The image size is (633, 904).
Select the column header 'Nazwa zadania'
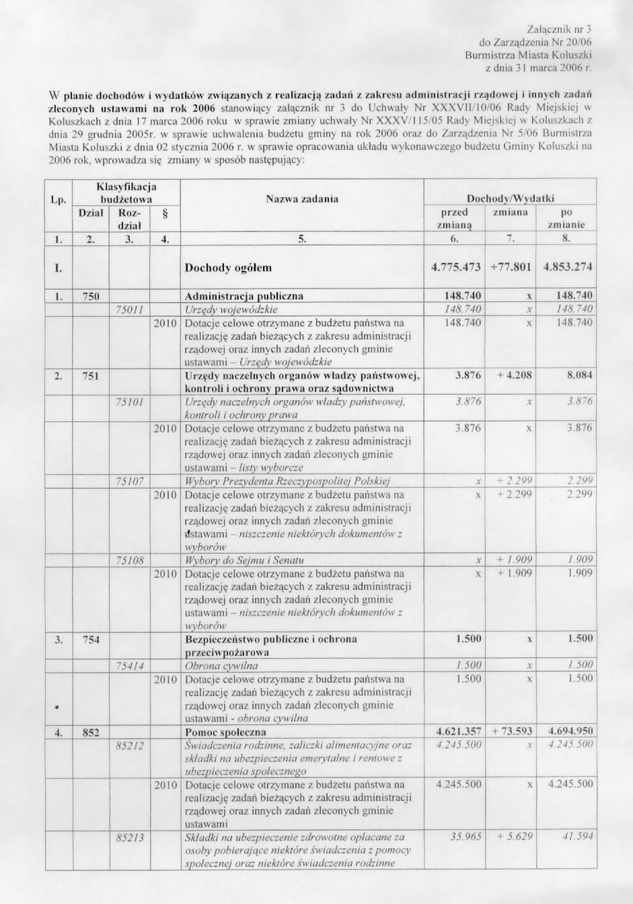[302, 198]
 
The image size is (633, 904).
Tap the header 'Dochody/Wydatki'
[510, 198]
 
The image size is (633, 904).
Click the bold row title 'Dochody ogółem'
[228, 268]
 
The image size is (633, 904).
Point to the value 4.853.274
[567, 267]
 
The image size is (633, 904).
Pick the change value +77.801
[511, 267]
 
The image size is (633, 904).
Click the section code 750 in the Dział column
[90, 295]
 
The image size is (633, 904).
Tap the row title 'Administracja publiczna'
[244, 295]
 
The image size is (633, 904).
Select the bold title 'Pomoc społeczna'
[225, 732]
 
